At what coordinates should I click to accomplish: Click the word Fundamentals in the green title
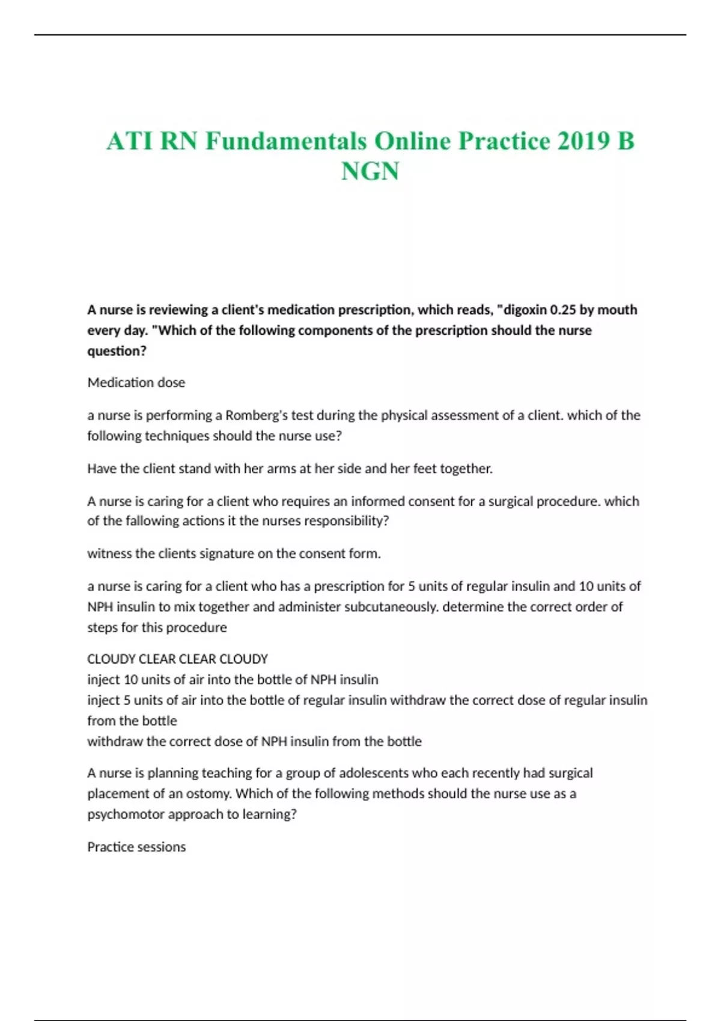(x=285, y=142)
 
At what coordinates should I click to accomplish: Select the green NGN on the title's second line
(x=370, y=172)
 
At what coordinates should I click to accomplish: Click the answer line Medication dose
(x=136, y=383)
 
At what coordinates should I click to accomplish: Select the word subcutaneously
(x=391, y=607)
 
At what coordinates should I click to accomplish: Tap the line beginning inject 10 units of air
(x=233, y=680)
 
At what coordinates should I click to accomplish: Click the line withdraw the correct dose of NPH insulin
(x=254, y=742)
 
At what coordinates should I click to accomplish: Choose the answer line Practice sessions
(x=136, y=847)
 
